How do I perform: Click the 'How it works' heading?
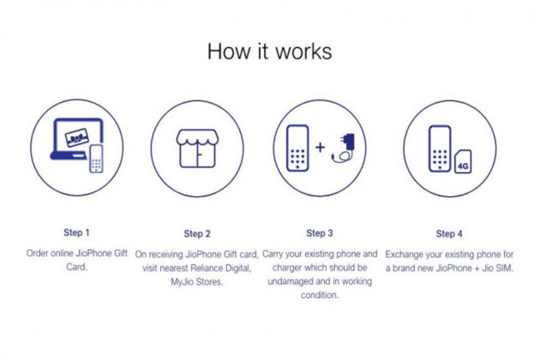270,52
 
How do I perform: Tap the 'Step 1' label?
76,233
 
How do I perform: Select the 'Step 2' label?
197,233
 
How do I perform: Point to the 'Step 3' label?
319,233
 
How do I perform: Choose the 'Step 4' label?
449,233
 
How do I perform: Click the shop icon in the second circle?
197,149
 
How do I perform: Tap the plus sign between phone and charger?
321,147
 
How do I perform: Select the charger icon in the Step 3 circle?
343,148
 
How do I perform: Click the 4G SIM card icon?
463,161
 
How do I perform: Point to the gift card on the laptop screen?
76,138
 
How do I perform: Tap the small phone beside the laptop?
96,159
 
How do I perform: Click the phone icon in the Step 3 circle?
298,148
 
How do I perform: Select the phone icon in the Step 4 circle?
440,149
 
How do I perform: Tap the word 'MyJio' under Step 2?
182,282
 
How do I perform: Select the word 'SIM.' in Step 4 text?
505,268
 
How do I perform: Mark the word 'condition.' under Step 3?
319,295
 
